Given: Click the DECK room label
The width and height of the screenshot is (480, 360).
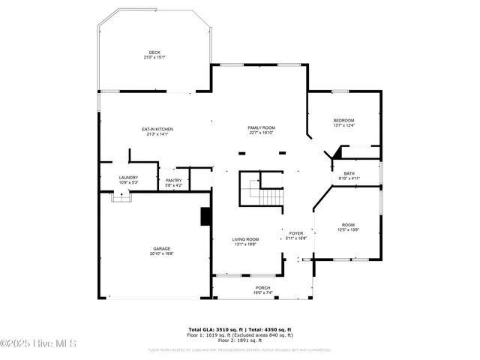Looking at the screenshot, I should (x=154, y=52).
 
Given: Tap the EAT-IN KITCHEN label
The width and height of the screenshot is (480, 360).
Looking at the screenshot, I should (x=157, y=129).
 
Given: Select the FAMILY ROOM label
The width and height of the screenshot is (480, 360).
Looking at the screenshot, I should (x=262, y=128).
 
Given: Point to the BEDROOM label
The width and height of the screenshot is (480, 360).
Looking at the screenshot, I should (x=343, y=121).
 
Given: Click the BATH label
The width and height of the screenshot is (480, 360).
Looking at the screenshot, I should (x=349, y=173).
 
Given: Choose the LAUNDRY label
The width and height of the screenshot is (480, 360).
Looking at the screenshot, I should (x=128, y=178).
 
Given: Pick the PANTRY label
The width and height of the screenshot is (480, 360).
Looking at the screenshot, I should (x=173, y=181).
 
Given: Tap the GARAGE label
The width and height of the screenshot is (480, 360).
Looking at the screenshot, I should (x=162, y=249).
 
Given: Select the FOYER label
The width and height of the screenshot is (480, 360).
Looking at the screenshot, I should (x=295, y=233).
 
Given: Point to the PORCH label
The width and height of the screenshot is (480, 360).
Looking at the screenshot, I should (x=262, y=288).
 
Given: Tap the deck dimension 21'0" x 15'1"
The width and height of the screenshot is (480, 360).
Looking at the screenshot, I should (x=154, y=58).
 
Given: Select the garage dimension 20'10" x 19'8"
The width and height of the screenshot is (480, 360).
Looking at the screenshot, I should (x=162, y=254).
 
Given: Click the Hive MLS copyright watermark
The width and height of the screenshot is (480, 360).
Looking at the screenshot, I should (x=39, y=344).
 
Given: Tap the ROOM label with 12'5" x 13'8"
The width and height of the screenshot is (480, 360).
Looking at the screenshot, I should (x=349, y=225).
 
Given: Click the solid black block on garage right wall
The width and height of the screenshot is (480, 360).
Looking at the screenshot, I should (x=205, y=216).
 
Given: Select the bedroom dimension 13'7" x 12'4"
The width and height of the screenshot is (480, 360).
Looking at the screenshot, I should (x=343, y=126).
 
